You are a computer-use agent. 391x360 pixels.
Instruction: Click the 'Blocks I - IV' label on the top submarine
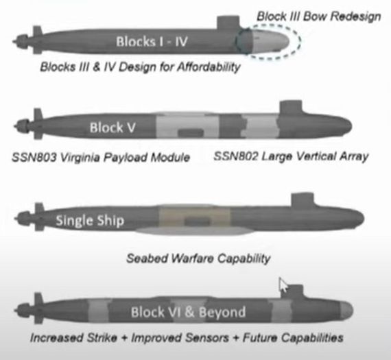[x=152, y=41]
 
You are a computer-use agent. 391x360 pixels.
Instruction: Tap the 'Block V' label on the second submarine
[x=112, y=128]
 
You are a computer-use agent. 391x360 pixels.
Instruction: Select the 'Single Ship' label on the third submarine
[x=90, y=220]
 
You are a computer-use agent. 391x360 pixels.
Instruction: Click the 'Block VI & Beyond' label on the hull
[x=188, y=312]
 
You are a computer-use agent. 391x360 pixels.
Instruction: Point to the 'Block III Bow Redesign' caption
[x=319, y=16]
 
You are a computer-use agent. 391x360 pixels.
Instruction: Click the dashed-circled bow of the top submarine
[x=270, y=41]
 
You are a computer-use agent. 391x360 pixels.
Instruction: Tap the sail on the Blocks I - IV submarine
[x=228, y=23]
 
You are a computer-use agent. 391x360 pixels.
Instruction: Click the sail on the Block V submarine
[x=291, y=108]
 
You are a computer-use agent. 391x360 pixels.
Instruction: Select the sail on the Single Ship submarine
[x=303, y=200]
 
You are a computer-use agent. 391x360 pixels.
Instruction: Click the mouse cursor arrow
[x=283, y=284]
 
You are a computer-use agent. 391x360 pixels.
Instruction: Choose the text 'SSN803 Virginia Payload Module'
[x=101, y=157]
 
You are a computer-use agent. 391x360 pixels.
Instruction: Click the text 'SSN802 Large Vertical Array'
[x=292, y=156]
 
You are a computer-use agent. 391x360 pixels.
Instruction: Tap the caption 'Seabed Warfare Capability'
[x=198, y=259]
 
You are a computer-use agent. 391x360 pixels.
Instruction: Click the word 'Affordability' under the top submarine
[x=209, y=67]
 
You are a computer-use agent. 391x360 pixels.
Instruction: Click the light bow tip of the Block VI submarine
[x=346, y=311]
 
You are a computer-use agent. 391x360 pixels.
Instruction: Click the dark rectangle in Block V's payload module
[x=191, y=132]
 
